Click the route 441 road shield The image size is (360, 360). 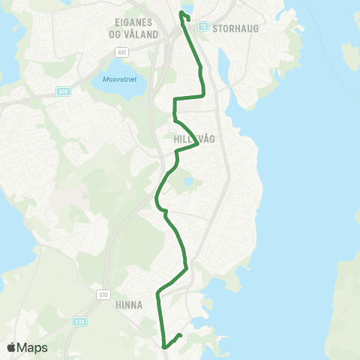121,52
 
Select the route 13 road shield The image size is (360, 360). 202,25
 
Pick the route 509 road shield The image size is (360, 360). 63,91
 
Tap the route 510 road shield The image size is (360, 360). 103,295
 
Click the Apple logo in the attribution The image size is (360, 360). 11,347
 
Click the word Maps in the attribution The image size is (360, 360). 33,347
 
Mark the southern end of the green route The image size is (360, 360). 180,335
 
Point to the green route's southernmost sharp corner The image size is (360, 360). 163,346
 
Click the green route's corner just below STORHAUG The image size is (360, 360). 203,95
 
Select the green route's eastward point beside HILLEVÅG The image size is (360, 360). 198,144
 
